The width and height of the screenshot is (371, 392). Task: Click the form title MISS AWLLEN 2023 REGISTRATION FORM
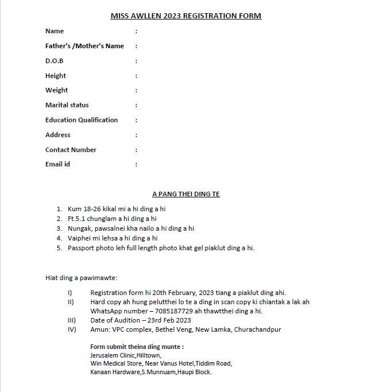185,15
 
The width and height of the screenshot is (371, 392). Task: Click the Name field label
55,31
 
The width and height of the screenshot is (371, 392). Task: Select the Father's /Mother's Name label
84,46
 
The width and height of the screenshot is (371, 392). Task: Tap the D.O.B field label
55,61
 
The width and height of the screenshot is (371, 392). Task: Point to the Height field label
56,76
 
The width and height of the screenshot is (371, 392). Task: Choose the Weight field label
56,90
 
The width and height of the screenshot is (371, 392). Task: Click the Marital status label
67,105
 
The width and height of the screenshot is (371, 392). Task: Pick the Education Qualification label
82,120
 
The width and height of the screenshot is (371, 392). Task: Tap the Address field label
58,135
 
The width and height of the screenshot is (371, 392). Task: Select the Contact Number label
71,150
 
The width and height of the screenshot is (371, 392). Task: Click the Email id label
57,164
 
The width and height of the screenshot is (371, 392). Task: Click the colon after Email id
136,165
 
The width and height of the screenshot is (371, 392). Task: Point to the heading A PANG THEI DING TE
185,195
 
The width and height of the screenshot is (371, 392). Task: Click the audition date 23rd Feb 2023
168,320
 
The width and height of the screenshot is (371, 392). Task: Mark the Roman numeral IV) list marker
72,329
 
